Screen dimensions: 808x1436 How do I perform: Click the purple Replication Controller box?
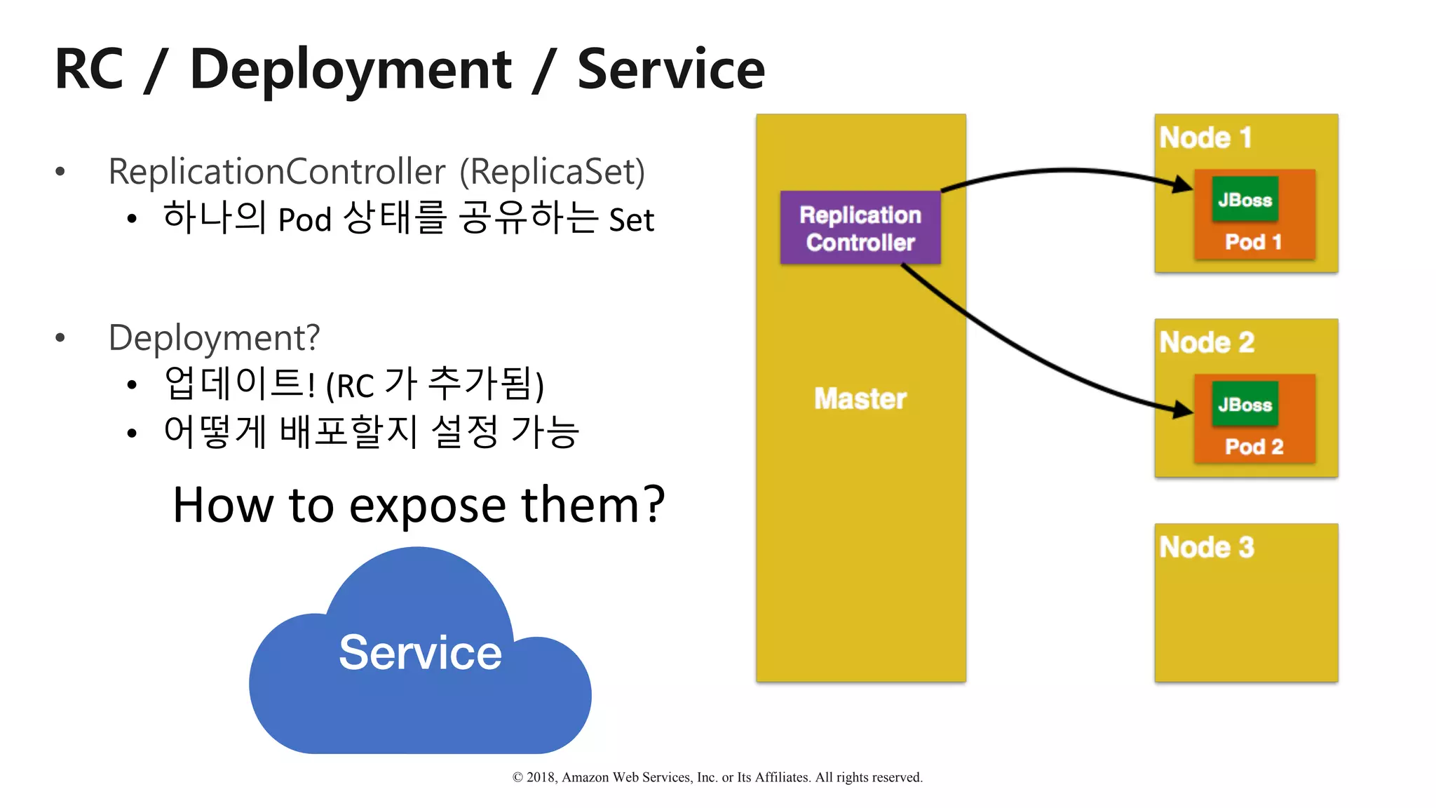click(860, 228)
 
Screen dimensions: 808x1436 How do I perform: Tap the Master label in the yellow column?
click(860, 398)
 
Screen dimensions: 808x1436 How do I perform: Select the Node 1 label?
click(1205, 137)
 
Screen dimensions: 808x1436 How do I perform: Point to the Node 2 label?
click(1207, 342)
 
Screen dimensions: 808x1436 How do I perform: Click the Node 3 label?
click(1207, 547)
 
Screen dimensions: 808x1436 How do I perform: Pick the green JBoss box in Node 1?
click(1245, 200)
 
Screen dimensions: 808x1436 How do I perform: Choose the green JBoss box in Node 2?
click(1245, 405)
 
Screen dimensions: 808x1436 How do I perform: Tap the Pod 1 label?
click(1254, 242)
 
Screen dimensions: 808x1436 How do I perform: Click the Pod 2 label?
click(1254, 447)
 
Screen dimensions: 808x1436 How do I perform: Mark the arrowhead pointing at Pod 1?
click(1184, 184)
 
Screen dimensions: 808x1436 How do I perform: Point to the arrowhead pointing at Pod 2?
click(1184, 410)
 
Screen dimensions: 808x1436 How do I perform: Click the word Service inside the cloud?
click(420, 652)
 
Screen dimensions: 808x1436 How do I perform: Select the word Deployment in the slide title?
click(351, 70)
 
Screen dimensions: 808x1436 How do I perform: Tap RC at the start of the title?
click(89, 70)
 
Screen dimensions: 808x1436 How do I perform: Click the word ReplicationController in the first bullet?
click(277, 172)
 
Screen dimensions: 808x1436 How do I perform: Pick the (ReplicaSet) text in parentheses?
click(552, 172)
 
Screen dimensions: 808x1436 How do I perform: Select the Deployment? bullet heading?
click(214, 338)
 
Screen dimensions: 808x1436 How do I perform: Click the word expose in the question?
click(427, 505)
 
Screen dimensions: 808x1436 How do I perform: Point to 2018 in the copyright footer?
click(541, 777)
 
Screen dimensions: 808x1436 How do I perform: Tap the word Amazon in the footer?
click(585, 777)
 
